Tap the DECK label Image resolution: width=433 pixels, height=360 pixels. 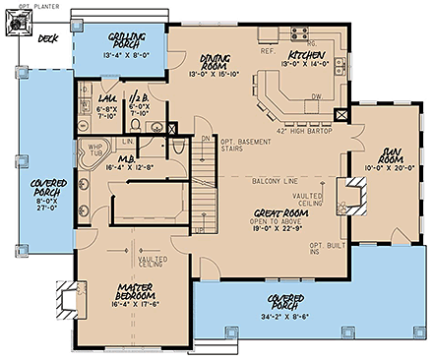tap(45, 40)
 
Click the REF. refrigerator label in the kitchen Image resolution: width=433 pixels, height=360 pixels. tap(267, 48)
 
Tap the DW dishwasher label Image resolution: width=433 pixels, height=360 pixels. tap(314, 96)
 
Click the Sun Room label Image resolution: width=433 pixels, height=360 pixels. tap(383, 154)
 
